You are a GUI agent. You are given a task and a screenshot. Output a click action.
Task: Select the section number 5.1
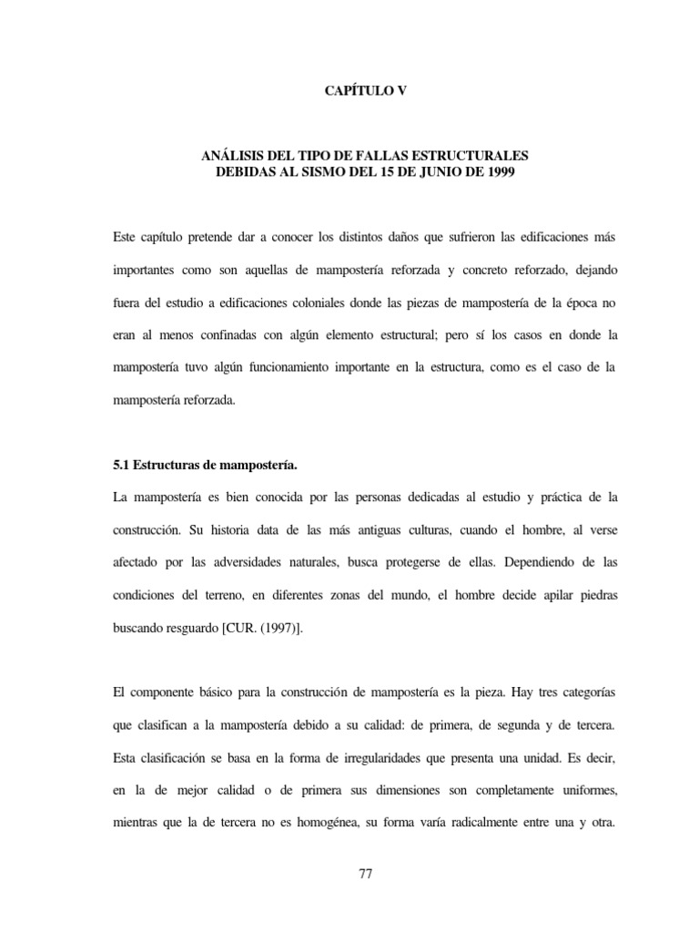(x=120, y=465)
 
